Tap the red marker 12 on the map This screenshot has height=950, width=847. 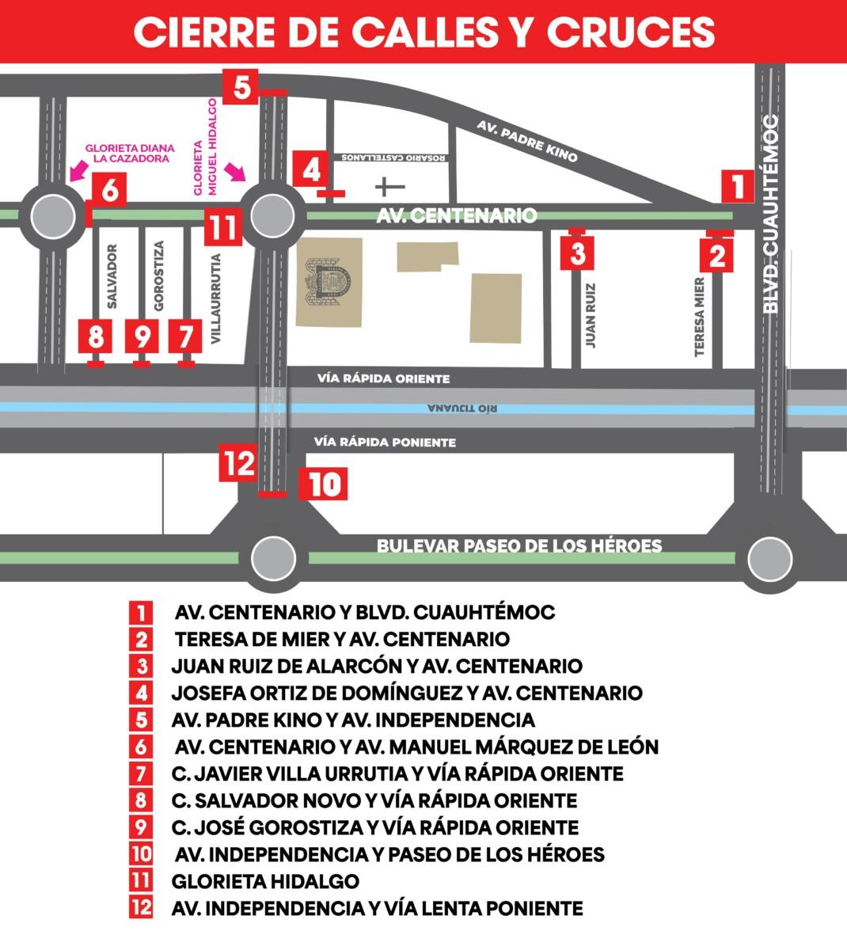click(238, 463)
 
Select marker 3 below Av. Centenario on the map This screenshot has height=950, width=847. click(577, 253)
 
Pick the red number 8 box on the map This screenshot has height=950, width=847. click(96, 337)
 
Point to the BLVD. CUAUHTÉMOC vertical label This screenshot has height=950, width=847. click(772, 214)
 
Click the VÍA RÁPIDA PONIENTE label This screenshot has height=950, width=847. click(385, 442)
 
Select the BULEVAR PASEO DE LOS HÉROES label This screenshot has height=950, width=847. click(518, 545)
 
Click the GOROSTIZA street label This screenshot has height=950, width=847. click(158, 275)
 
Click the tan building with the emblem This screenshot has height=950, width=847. click(329, 282)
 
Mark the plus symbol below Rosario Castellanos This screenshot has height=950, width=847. click(389, 187)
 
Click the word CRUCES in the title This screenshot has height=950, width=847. click(630, 32)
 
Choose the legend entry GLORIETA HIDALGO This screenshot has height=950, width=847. click(265, 880)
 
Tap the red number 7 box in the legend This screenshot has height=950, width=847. click(141, 773)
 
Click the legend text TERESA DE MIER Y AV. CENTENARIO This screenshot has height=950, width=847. click(342, 639)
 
